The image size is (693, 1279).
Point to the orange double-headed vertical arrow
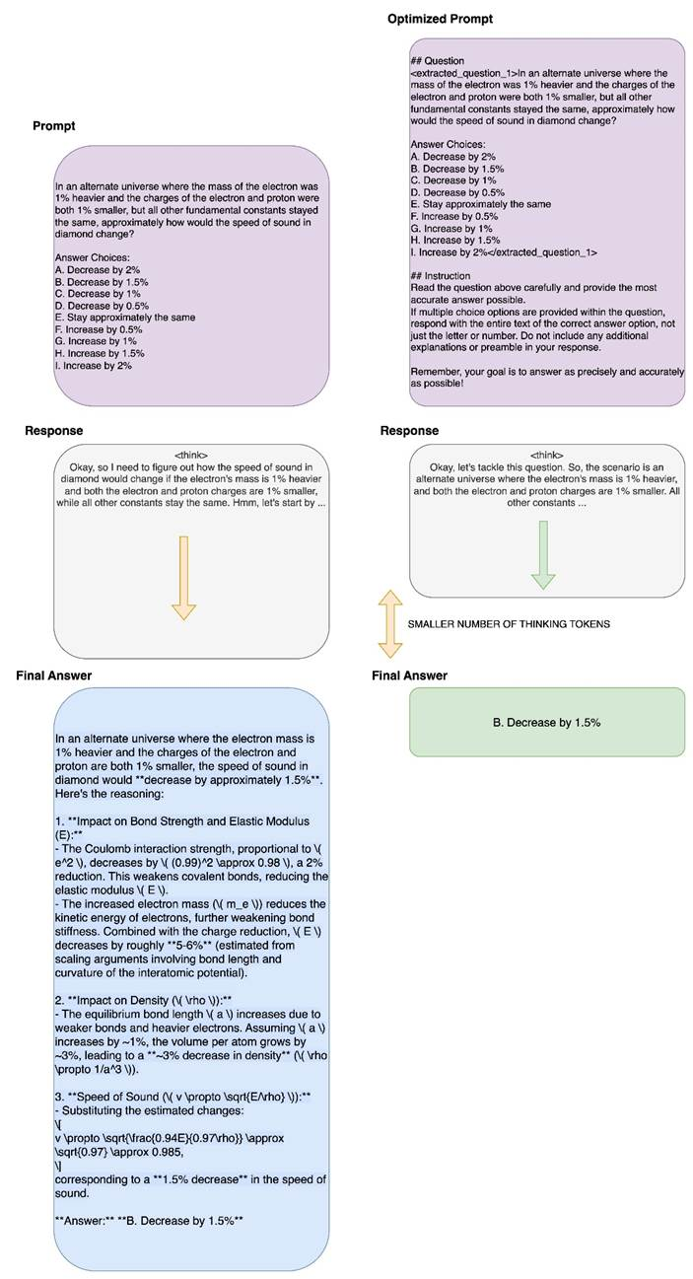[x=389, y=623]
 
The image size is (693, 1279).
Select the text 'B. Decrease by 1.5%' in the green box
[x=546, y=723]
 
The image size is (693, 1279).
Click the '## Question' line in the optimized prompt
[x=437, y=61]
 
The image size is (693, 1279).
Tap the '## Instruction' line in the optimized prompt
[x=443, y=275]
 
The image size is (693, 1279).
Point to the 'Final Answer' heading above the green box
[x=409, y=675]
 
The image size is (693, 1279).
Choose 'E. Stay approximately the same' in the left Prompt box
[x=125, y=318]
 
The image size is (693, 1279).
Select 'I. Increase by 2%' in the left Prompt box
[x=94, y=365]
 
